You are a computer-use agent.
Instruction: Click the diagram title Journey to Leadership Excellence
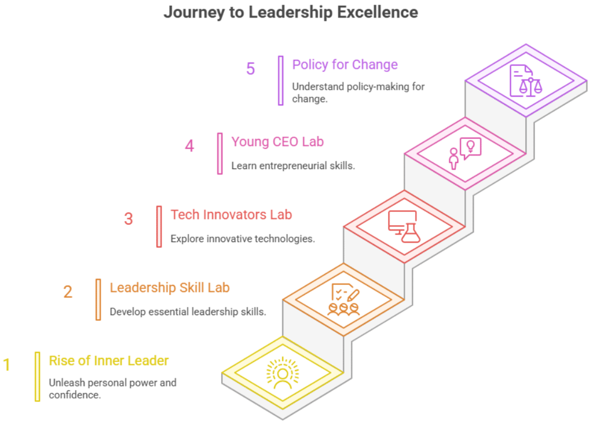coord(290,12)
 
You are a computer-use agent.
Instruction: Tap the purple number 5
coord(250,69)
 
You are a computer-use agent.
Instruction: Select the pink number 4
coord(189,145)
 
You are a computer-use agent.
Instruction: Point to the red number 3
coord(129,219)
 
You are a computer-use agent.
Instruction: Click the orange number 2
coord(68,292)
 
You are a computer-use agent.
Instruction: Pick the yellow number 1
coord(7,365)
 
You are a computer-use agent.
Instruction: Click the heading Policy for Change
coord(345,64)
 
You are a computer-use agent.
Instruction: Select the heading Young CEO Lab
coord(277,141)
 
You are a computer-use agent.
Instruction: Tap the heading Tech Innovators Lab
coord(231,215)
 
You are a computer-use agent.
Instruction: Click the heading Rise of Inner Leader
coord(109,361)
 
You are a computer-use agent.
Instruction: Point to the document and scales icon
coord(526,80)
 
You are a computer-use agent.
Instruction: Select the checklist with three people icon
coord(343,299)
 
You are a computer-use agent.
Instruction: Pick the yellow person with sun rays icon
coord(283,372)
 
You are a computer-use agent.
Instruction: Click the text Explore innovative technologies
coord(243,239)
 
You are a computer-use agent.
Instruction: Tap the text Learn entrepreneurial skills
coord(293,166)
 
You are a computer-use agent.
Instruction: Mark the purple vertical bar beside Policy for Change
coord(281,80)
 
